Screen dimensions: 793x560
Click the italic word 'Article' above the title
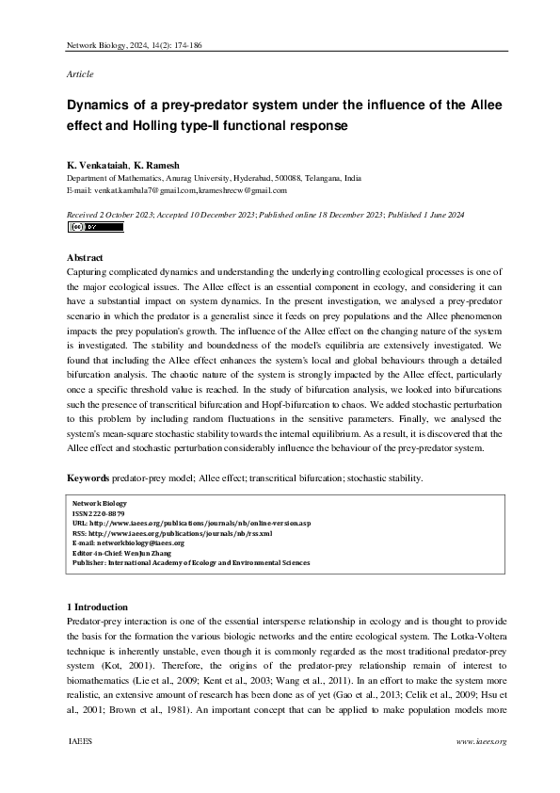coord(80,73)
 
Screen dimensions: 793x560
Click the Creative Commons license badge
coord(82,227)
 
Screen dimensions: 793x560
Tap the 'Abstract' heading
coord(85,257)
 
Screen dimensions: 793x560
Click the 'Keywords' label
coord(88,478)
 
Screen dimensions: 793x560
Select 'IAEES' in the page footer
coord(80,742)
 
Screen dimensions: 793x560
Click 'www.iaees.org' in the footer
coord(481,742)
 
